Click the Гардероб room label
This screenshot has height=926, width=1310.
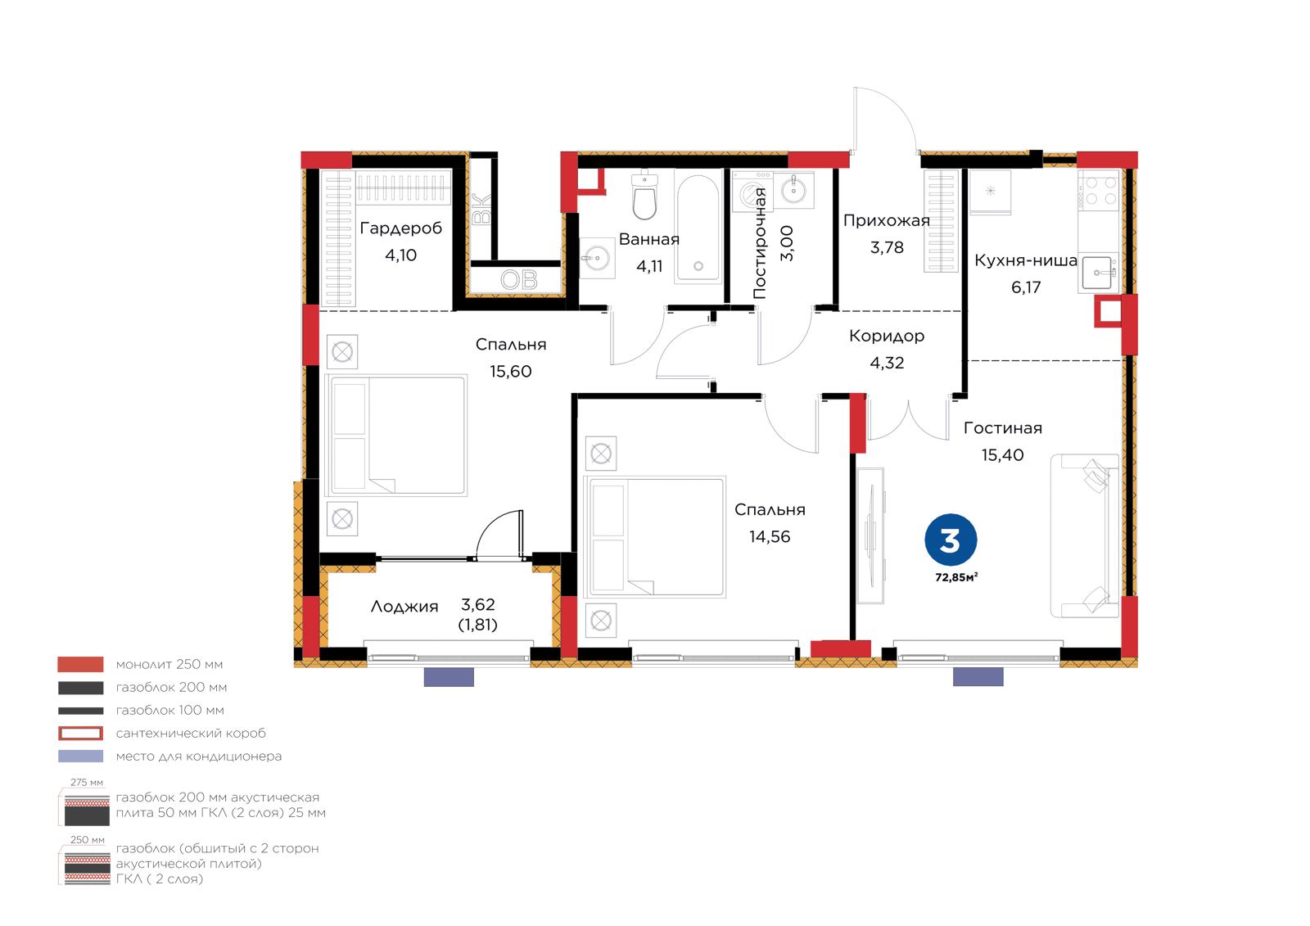(x=400, y=228)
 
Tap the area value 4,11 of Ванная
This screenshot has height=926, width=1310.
(x=649, y=266)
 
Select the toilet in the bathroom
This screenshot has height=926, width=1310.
(x=644, y=195)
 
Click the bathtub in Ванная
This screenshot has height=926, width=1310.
(x=698, y=227)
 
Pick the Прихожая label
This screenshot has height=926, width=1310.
(x=886, y=220)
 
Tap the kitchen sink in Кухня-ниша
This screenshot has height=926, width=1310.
(x=1098, y=273)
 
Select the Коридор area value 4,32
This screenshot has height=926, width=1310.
(x=887, y=363)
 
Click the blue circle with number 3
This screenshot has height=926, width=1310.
(x=951, y=540)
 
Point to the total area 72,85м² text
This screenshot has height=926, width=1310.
(x=956, y=577)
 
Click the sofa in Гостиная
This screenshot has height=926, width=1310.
(x=1085, y=535)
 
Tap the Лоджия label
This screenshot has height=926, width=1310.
(x=404, y=607)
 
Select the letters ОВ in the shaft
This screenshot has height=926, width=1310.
(x=519, y=280)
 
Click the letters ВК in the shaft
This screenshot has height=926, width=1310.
(x=482, y=209)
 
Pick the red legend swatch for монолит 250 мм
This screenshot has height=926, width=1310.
(x=81, y=665)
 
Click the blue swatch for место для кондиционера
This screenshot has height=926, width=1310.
(x=81, y=757)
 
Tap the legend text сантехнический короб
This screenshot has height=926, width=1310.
(x=191, y=733)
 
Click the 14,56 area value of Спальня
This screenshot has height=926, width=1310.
(x=770, y=536)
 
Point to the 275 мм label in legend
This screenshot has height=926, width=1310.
(x=87, y=783)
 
